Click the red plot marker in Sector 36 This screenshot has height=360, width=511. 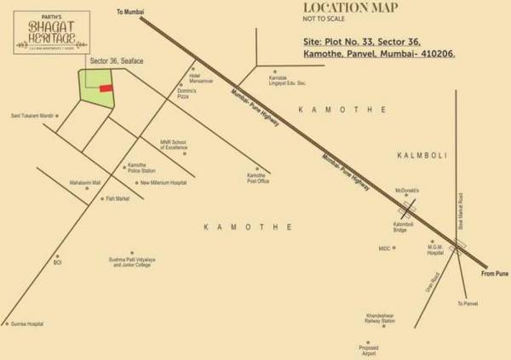[106, 88]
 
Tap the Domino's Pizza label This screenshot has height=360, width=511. [187, 95]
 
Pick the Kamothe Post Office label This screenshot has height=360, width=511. [257, 178]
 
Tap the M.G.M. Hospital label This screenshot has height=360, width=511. [435, 250]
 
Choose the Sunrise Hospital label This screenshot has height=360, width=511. [26, 324]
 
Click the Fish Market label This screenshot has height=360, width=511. [117, 198]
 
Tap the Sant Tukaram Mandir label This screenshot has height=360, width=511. [32, 116]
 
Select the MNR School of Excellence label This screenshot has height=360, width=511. [174, 146]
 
